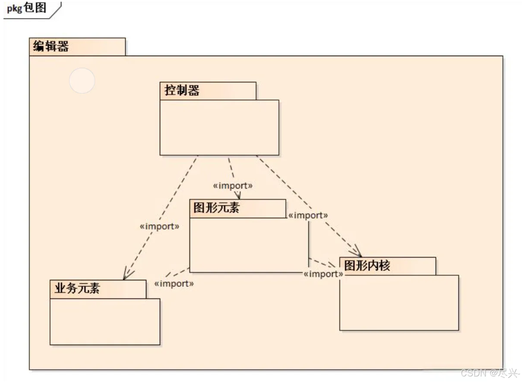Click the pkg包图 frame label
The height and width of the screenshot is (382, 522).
[27, 8]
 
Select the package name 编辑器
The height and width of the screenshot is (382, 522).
[51, 46]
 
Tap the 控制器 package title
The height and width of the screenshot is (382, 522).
[182, 91]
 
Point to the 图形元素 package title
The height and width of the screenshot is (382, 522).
[216, 208]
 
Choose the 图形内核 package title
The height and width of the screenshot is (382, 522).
[367, 266]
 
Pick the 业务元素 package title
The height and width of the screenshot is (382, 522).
[77, 288]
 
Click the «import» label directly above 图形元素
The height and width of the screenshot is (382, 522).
[232, 186]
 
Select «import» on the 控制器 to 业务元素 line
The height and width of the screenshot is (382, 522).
[159, 226]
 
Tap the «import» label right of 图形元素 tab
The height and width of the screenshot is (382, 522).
[308, 216]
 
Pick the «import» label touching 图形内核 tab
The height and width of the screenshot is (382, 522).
[323, 274]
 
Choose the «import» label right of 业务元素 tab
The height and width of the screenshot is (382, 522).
[174, 284]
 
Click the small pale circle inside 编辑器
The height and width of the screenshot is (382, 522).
[82, 81]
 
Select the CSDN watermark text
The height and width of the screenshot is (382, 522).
[490, 373]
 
